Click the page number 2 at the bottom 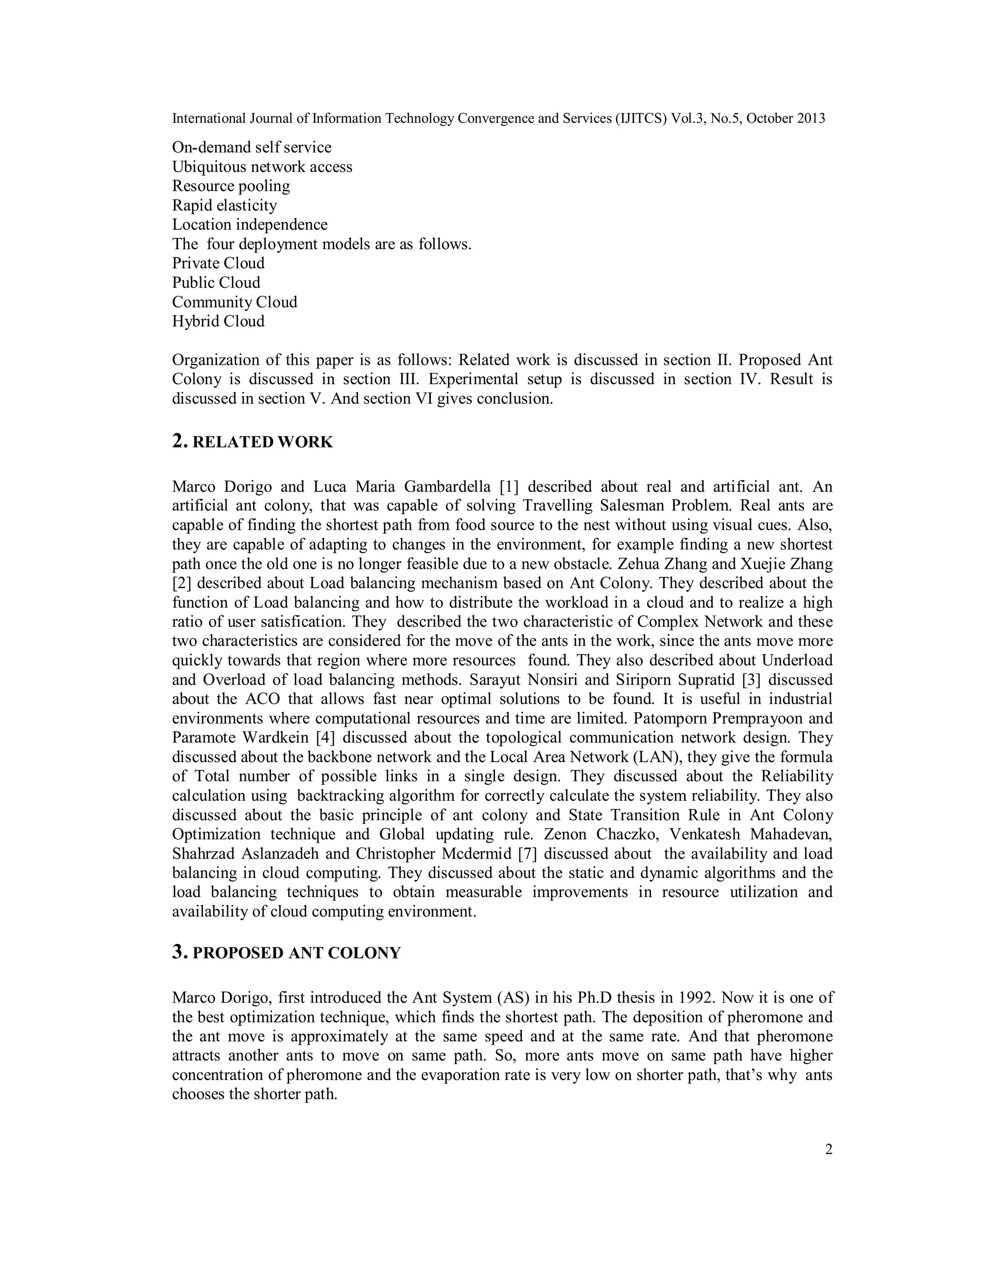pos(828,1150)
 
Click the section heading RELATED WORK pos(262,442)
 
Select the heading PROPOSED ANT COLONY pos(296,953)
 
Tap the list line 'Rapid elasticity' pos(224,205)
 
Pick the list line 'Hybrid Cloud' pos(218,321)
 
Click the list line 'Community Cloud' pos(235,302)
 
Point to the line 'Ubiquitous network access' pos(262,167)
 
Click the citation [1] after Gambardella pos(509,487)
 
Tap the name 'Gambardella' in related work pos(447,487)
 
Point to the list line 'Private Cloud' pos(218,263)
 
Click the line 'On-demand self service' pos(252,147)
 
